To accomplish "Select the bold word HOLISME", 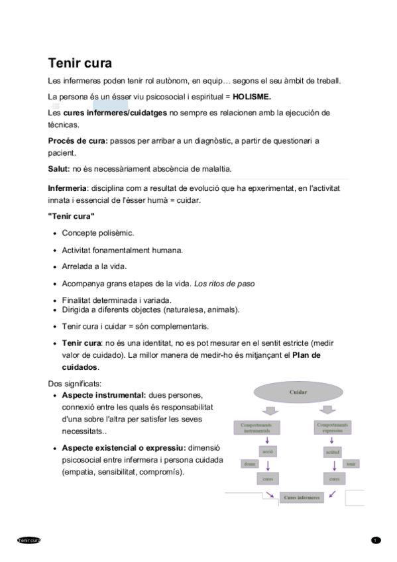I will tap(252, 96).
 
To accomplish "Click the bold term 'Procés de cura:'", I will tap(78, 141).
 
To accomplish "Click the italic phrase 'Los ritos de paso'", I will tap(224, 284).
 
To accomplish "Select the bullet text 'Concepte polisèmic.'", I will tap(97, 233).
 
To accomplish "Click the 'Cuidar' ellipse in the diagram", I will tap(298, 392).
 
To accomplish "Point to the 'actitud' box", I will tap(333, 452).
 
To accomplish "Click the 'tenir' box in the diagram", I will tap(351, 464).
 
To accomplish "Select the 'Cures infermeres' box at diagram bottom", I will tap(302, 497).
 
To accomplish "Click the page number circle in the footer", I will tap(375, 540).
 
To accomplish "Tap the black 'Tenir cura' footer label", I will tap(29, 540).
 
